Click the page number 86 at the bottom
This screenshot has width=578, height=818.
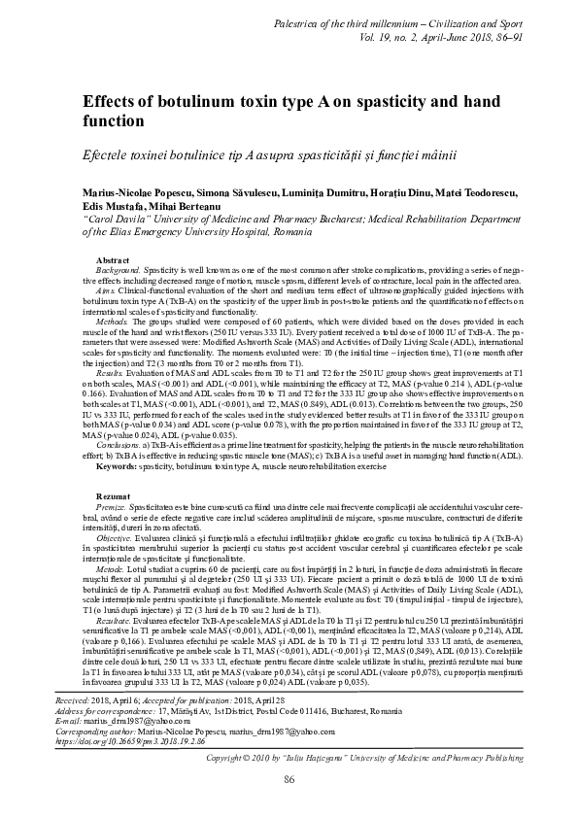pyautogui.click(x=289, y=780)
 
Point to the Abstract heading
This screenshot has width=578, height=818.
pyautogui.click(x=113, y=261)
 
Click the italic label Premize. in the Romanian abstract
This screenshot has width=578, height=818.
pyautogui.click(x=113, y=508)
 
